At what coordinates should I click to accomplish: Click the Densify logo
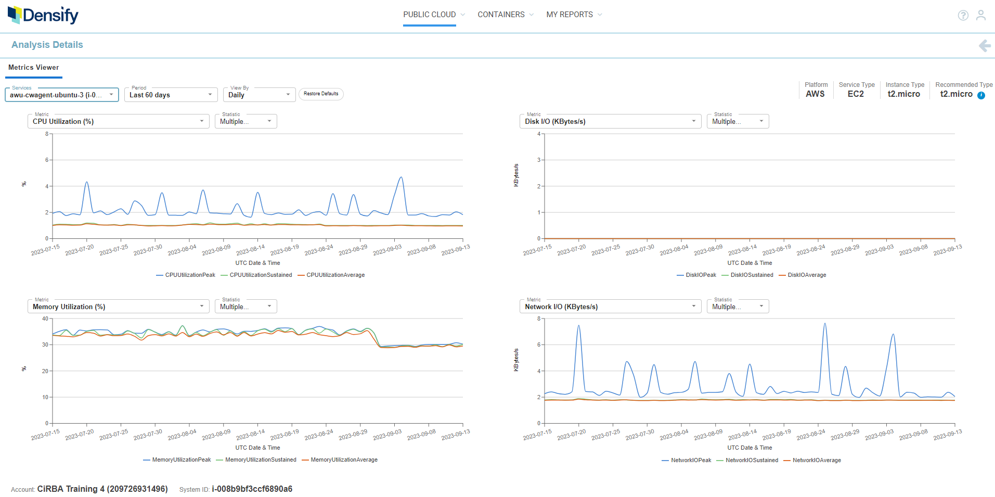(43, 15)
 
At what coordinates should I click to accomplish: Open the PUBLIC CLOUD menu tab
(430, 15)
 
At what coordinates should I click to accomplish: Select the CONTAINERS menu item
(501, 15)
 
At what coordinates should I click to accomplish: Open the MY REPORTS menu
(570, 15)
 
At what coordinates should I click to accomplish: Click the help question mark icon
(963, 16)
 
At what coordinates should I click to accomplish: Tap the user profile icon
(980, 16)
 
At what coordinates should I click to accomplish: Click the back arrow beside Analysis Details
(984, 46)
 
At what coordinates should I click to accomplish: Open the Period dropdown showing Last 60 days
(171, 95)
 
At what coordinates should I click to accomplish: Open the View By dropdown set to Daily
(259, 95)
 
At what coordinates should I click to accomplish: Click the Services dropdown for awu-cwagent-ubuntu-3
(61, 95)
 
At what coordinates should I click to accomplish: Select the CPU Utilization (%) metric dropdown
(118, 121)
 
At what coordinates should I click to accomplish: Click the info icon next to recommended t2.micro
(981, 95)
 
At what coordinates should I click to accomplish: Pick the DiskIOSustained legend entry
(752, 275)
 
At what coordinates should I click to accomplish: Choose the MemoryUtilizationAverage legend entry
(344, 460)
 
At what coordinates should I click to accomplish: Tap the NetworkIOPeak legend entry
(691, 460)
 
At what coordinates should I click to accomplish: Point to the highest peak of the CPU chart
(401, 177)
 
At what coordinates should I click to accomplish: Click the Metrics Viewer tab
(34, 68)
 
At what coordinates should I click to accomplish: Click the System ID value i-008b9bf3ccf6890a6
(252, 489)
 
